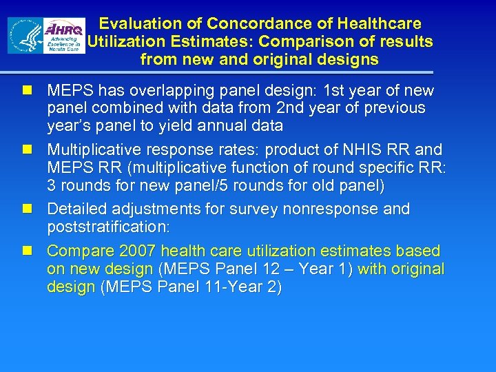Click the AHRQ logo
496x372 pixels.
click(x=65, y=37)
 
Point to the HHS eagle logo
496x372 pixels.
click(x=25, y=36)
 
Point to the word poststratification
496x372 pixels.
click(x=111, y=227)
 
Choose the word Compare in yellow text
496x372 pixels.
click(x=75, y=251)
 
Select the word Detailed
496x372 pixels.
click(x=76, y=209)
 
